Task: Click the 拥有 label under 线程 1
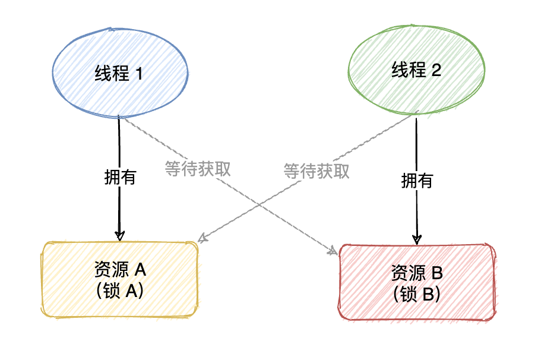click(120, 177)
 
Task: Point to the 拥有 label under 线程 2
click(417, 180)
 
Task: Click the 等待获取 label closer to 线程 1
click(198, 168)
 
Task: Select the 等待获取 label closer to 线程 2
click(317, 171)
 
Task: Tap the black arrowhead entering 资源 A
click(119, 235)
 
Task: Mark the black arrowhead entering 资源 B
click(417, 238)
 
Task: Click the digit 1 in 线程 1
click(140, 73)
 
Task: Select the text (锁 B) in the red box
click(417, 293)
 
